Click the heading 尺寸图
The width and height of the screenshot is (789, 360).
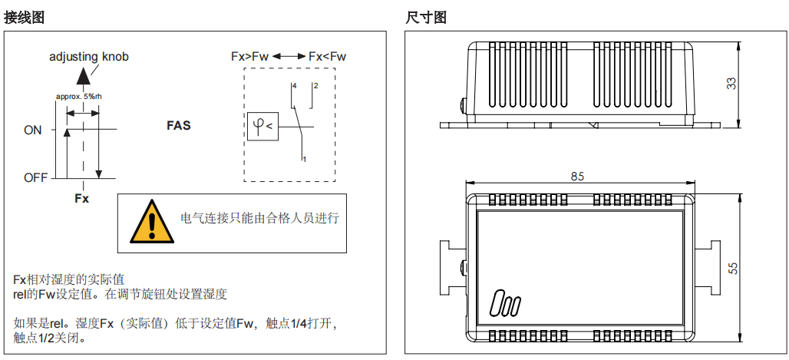[426, 17]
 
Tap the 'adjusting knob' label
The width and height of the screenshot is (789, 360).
[89, 57]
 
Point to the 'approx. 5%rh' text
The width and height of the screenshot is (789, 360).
[79, 97]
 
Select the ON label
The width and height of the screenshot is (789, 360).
[33, 130]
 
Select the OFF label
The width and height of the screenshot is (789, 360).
[35, 177]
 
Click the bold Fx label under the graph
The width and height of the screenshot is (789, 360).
[81, 198]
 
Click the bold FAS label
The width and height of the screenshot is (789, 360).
[179, 125]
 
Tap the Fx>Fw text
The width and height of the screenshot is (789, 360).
[249, 57]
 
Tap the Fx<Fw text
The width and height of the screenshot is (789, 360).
[327, 57]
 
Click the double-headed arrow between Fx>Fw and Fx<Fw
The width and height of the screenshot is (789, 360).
[288, 57]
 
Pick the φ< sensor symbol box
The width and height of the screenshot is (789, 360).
[262, 126]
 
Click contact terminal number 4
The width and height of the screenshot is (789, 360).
[294, 85]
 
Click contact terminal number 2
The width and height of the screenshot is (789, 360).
[315, 85]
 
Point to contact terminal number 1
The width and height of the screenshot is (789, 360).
[305, 159]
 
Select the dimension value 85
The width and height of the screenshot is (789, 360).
[577, 176]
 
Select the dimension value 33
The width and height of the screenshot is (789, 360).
[731, 84]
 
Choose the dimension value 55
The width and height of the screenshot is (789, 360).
[733, 267]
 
